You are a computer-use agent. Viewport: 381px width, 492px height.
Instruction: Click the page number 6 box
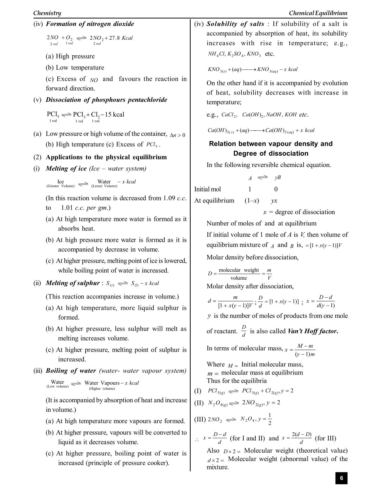[341, 478]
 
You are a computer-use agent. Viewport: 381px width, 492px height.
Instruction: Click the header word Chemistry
[47, 13]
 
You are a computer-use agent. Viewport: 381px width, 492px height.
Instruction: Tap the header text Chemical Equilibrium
[318, 13]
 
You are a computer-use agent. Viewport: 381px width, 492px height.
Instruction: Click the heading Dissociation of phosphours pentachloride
[106, 100]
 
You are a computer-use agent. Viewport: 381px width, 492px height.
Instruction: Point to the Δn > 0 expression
[178, 135]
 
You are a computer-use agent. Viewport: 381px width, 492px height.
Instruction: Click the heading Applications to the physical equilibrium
[106, 157]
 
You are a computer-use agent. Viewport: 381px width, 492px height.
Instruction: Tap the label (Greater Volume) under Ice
[61, 186]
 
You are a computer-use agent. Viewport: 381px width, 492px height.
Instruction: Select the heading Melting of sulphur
[73, 283]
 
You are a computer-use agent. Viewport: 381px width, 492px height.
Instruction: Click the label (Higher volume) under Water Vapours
[102, 389]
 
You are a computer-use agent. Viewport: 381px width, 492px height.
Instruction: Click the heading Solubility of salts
[235, 24]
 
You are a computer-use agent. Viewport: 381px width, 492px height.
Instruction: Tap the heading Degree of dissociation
[271, 154]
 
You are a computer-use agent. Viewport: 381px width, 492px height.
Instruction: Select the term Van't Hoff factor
[313, 331]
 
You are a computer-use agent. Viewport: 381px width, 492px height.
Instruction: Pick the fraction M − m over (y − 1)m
[305, 350]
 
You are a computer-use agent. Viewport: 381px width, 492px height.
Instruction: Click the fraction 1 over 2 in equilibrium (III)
[270, 419]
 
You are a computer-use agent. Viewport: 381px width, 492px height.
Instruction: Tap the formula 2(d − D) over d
[301, 438]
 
